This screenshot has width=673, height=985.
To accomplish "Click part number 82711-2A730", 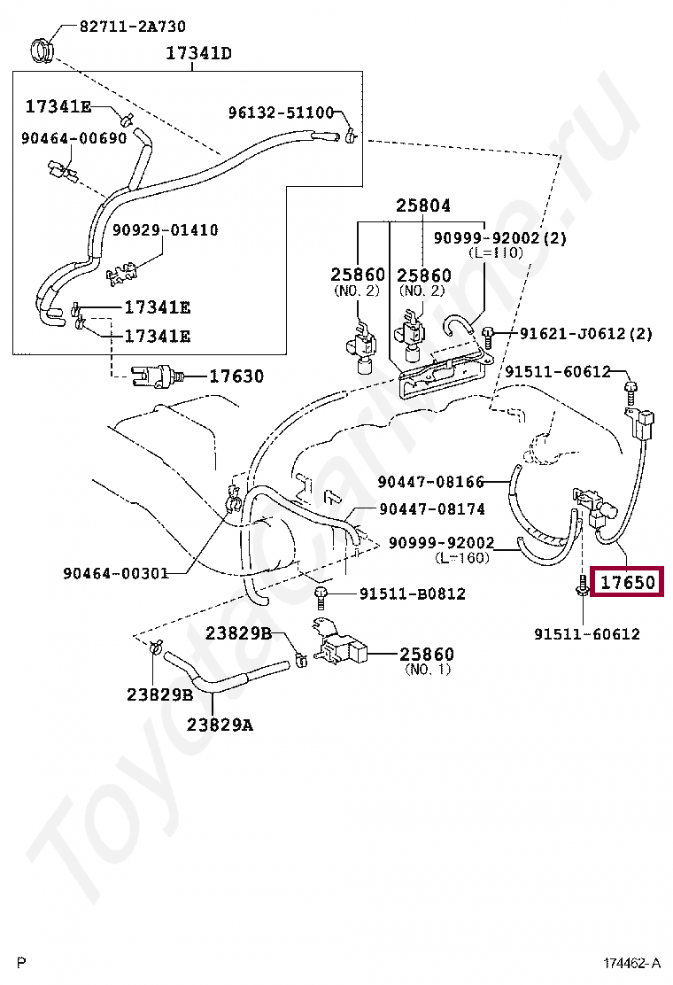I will (x=133, y=27).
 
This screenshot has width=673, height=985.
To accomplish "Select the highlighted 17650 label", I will (x=627, y=583).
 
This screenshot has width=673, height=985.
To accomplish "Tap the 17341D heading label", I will (x=199, y=54).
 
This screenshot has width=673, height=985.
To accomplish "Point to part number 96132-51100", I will (x=281, y=112).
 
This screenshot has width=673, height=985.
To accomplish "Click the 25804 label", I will (x=422, y=206).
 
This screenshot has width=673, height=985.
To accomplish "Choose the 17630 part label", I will (x=236, y=376).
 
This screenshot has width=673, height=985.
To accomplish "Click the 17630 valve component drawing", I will (x=156, y=376).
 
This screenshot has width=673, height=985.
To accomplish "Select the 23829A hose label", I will (x=220, y=725).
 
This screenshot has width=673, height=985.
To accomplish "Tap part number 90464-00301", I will (x=115, y=572).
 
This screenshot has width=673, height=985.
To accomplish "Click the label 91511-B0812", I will (x=412, y=593).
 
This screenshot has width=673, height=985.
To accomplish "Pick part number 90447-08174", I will (x=432, y=508).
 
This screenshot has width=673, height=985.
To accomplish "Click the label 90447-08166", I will (x=431, y=482).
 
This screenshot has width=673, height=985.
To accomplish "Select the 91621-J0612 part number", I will (x=585, y=333).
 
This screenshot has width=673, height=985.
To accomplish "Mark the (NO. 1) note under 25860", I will (x=428, y=670).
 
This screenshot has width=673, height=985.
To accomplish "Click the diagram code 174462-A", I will (x=632, y=963).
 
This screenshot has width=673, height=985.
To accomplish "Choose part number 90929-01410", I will (x=165, y=230).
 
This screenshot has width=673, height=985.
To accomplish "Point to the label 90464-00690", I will (x=74, y=138).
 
